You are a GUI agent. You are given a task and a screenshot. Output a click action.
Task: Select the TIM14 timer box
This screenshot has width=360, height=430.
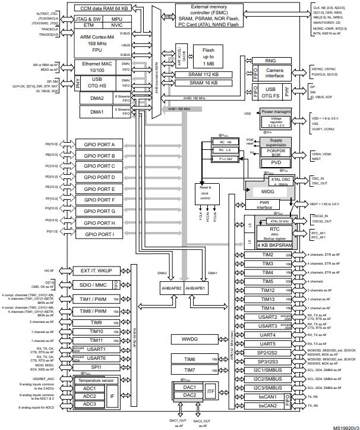[267, 308]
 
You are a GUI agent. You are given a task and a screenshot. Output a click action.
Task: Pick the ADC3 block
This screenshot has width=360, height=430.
[89, 404]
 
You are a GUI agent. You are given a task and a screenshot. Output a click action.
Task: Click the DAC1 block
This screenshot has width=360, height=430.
[190, 387]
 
